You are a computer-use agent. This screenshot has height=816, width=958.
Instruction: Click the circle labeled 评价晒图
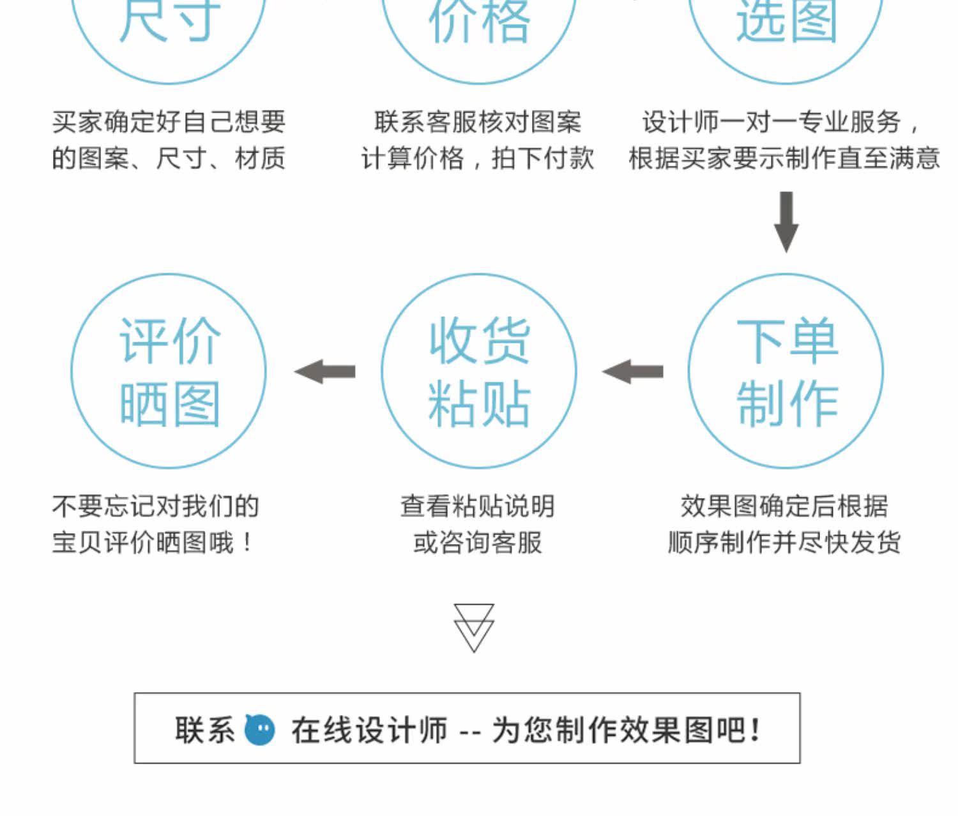coord(168,371)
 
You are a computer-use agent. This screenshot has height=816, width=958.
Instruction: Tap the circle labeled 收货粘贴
coord(479,371)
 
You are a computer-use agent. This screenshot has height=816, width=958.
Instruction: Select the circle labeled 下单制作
coord(786,371)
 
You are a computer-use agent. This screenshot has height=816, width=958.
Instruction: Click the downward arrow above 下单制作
coord(786,221)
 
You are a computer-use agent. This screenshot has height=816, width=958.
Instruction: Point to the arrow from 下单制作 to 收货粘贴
coord(633,371)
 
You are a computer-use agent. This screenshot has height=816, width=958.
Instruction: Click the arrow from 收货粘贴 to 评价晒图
coord(325,371)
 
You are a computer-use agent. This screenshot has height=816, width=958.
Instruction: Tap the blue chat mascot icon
coord(260,729)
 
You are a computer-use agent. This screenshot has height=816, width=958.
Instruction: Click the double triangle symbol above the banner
coord(474,627)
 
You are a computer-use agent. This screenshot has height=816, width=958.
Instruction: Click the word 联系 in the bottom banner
coord(205,729)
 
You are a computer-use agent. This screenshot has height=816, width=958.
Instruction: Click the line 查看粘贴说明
coord(477,506)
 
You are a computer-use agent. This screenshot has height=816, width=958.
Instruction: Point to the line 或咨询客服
coord(477,543)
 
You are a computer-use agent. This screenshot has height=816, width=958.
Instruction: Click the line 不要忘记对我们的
coord(155,506)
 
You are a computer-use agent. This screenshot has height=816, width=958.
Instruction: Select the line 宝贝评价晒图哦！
coord(153,543)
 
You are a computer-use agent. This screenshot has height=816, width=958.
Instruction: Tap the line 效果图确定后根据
coord(784,506)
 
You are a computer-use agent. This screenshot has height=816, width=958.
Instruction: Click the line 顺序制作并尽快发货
coord(784,543)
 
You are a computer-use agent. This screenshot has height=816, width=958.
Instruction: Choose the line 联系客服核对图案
coord(478,122)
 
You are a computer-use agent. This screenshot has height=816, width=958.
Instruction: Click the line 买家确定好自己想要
coord(169,122)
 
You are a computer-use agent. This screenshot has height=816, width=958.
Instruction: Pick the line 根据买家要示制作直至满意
coord(784,158)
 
